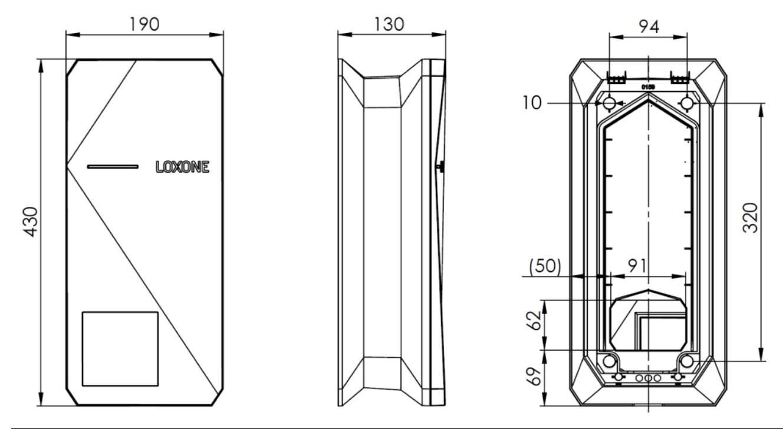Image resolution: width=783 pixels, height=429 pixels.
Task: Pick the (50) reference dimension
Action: pos(545,266)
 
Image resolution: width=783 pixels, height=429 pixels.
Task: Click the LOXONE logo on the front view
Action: pos(182,167)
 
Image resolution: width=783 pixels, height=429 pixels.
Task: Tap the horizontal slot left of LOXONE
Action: pos(113,167)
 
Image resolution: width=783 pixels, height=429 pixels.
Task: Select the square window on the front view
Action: pos(120,348)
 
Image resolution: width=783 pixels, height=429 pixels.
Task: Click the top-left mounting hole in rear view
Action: pos(609,103)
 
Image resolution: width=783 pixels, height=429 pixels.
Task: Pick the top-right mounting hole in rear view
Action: pos(687,103)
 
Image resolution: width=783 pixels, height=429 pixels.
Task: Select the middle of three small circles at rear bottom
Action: pos(647,377)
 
